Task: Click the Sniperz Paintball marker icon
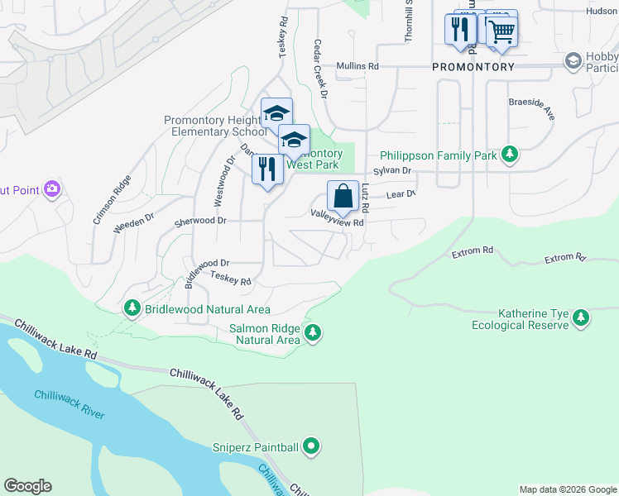311,447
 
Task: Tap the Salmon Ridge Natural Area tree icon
312,333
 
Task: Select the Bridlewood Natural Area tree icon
132,308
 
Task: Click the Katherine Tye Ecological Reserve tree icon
582,317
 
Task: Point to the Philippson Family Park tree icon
511,154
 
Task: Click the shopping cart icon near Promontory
500,31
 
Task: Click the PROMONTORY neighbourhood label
473,66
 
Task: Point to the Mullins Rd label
357,66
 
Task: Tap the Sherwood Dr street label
199,221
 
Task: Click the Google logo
27,486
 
